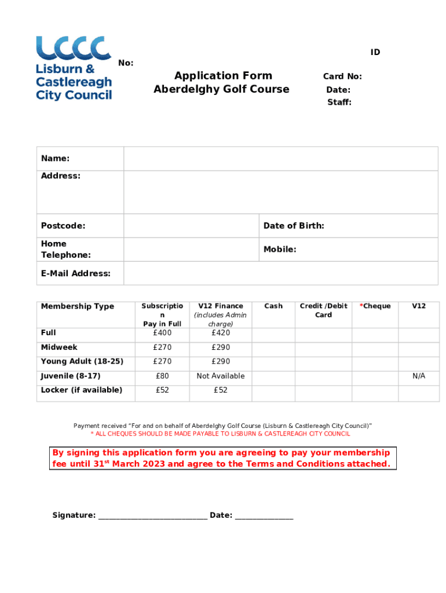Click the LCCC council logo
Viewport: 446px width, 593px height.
coord(74,68)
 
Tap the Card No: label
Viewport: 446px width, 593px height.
coord(342,76)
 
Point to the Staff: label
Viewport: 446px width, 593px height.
coord(339,103)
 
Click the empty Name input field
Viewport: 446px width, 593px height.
coord(280,159)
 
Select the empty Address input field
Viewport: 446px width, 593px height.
coord(280,192)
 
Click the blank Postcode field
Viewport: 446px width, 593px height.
coord(191,226)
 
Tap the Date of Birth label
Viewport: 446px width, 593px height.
coord(294,226)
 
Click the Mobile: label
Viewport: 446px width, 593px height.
coord(280,250)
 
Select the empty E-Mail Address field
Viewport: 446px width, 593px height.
coord(280,273)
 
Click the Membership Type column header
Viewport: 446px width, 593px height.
coord(78,306)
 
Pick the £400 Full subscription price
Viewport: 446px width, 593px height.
coord(162,333)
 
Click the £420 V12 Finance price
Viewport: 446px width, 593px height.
coord(221,333)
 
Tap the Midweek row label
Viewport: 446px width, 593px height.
coord(59,347)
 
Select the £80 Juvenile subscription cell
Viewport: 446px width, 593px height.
coord(162,376)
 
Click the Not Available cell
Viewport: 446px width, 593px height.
coord(221,376)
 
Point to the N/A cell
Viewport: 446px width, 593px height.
coord(419,376)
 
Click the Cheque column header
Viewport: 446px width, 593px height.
coord(375,306)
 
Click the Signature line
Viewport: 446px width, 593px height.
coord(152,515)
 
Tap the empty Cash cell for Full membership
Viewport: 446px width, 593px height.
coord(273,334)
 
